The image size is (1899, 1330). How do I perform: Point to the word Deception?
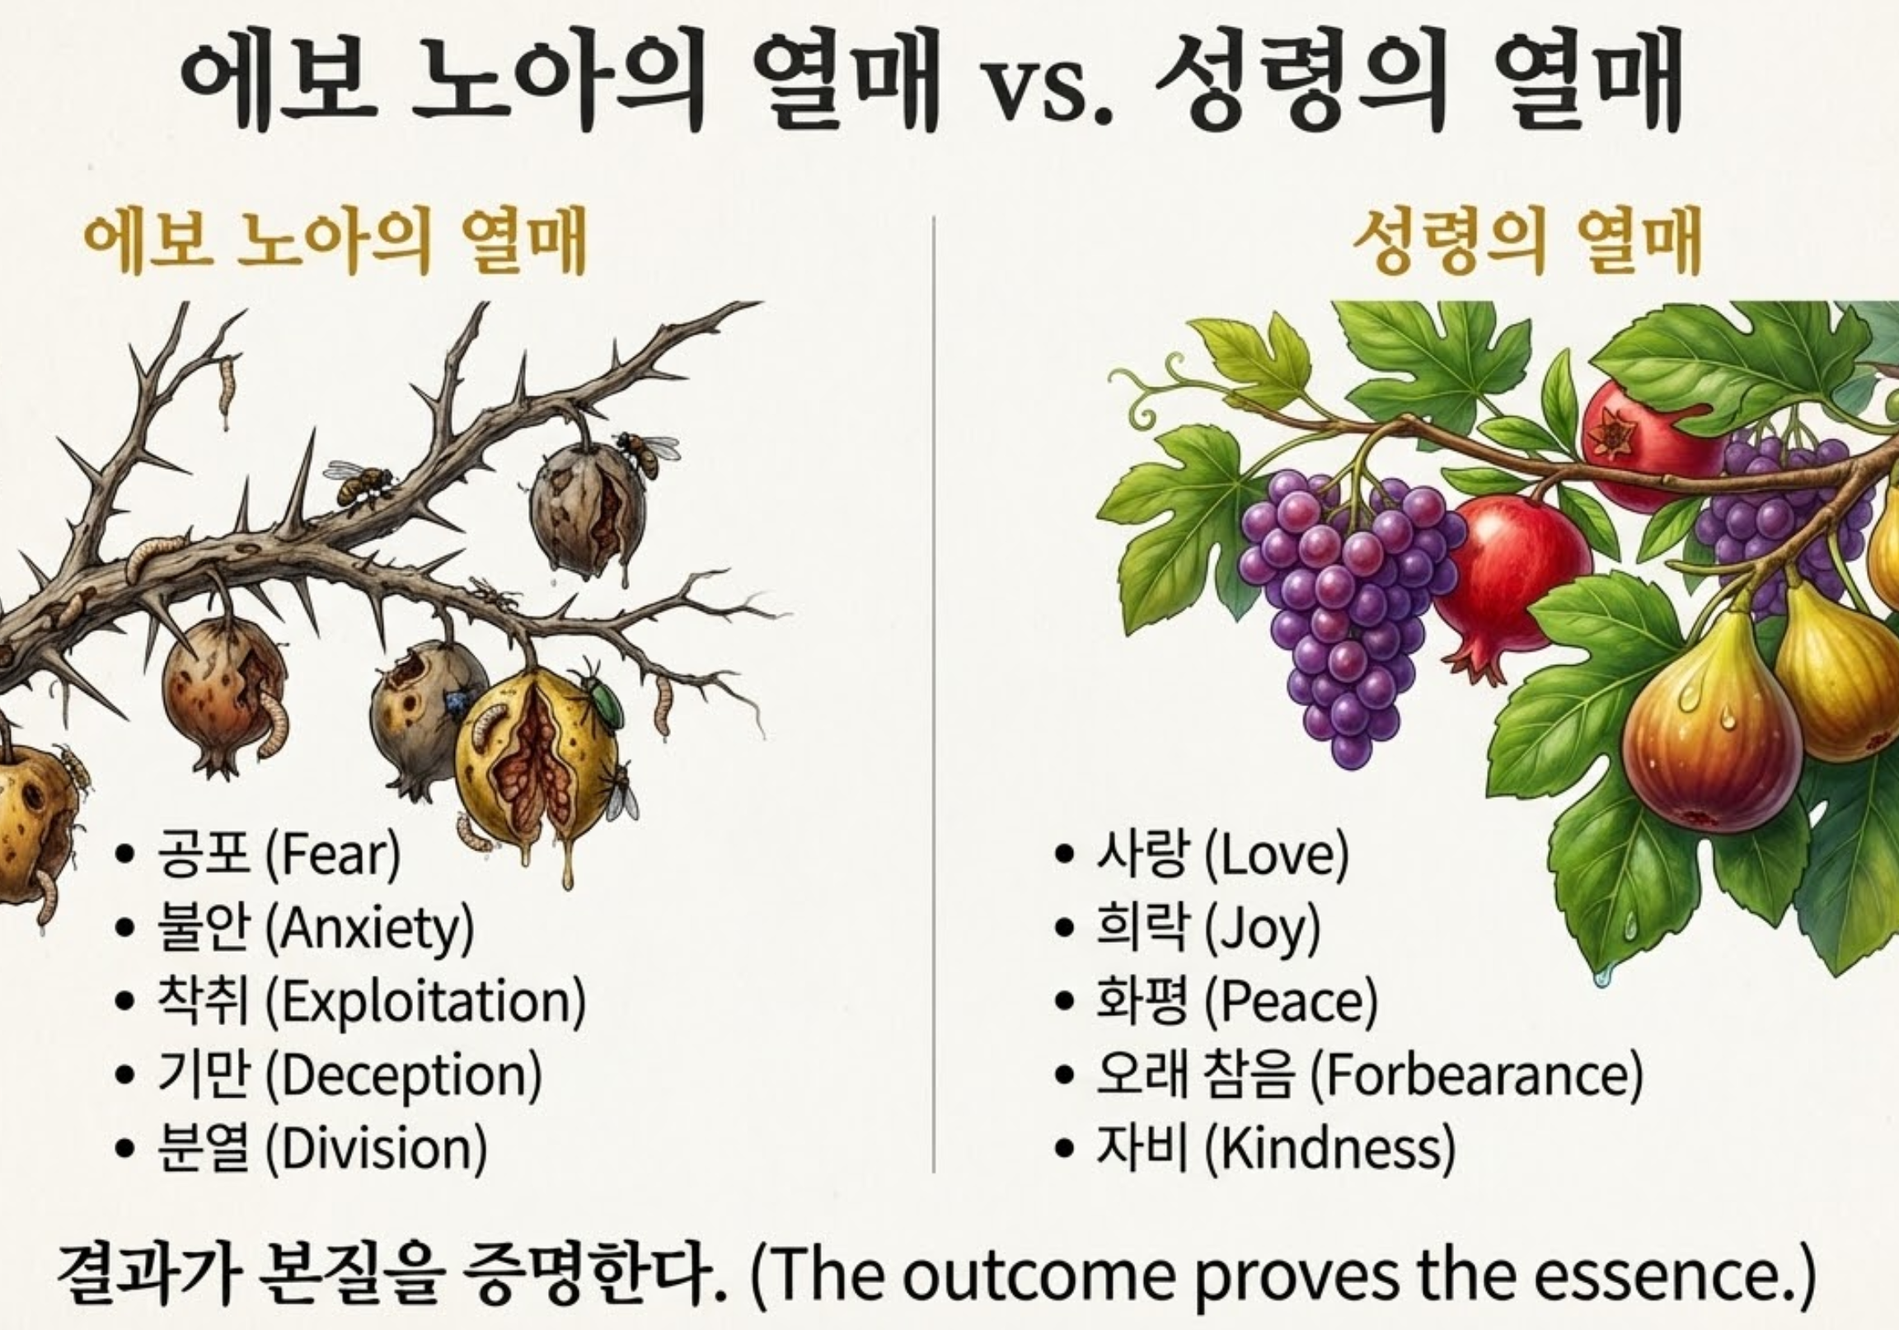404,1075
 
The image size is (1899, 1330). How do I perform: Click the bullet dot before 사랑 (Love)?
1066,857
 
